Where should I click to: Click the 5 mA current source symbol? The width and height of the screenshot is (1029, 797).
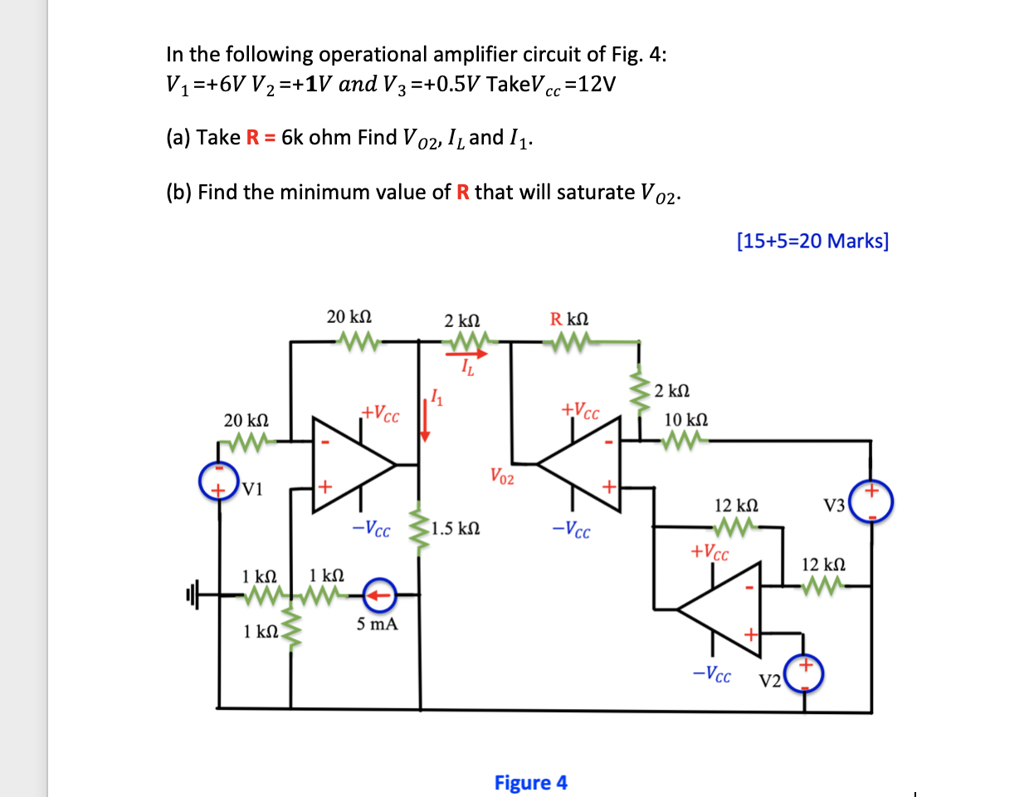[x=379, y=594]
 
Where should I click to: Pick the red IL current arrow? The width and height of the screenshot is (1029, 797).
[x=468, y=354]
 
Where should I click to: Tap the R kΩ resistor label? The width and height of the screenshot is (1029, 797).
[x=569, y=319]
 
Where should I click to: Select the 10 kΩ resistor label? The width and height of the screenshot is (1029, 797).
[x=686, y=419]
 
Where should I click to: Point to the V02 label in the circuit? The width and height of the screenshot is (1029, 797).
[x=501, y=477]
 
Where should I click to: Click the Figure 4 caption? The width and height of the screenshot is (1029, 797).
[x=530, y=783]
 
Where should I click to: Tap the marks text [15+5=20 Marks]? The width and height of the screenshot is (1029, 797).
[x=812, y=241]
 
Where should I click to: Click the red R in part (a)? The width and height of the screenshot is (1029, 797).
[x=253, y=137]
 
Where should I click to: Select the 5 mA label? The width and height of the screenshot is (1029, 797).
[x=377, y=624]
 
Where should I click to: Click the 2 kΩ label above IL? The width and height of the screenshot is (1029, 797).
[x=461, y=320]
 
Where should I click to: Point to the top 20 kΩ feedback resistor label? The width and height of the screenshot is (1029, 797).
[x=349, y=316]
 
